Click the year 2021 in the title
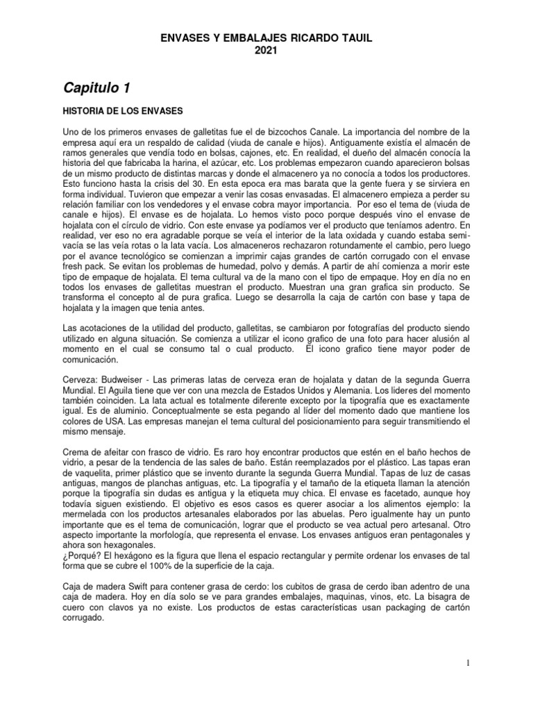(266, 50)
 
